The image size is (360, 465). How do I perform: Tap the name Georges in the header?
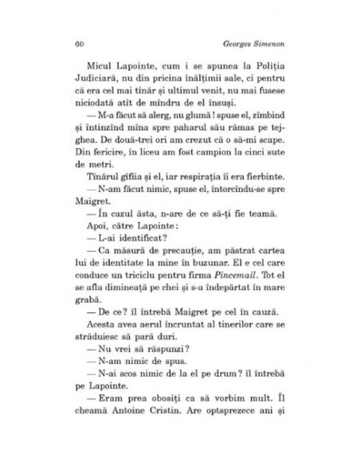(240, 41)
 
